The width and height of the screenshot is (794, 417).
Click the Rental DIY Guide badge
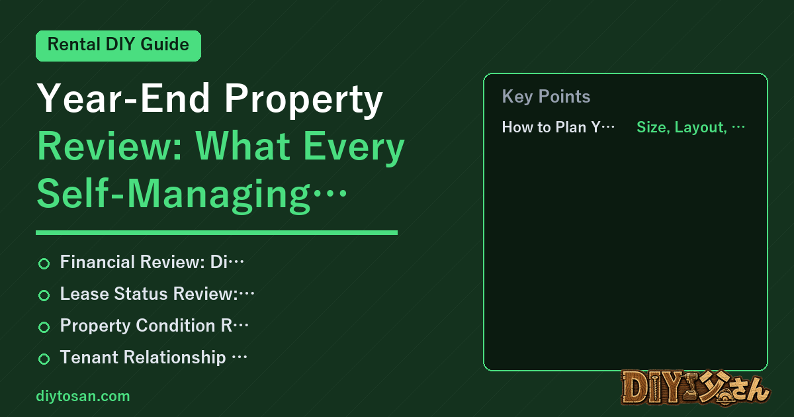tap(118, 46)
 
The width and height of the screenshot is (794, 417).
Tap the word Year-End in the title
tap(123, 98)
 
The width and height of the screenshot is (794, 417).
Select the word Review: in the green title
tap(110, 146)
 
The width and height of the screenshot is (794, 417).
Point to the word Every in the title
tap(354, 149)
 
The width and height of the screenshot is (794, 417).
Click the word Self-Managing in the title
tap(173, 196)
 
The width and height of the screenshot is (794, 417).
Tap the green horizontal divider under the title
tap(216, 232)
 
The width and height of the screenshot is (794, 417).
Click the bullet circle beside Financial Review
tap(44, 263)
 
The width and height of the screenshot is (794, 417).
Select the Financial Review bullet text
tap(152, 262)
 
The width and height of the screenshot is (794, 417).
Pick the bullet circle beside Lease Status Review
tap(44, 295)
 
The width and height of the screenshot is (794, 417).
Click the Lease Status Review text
tap(157, 294)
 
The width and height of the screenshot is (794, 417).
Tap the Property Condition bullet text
tap(154, 326)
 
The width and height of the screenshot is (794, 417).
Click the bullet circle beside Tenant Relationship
tap(44, 359)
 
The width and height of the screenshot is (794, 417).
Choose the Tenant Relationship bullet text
tap(154, 357)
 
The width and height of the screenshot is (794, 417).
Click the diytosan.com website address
tap(83, 396)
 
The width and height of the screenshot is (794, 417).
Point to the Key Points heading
tap(546, 97)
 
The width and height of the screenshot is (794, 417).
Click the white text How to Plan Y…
tap(558, 127)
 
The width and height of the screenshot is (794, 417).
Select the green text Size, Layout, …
tap(691, 127)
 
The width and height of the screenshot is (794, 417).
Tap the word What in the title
tap(243, 146)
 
